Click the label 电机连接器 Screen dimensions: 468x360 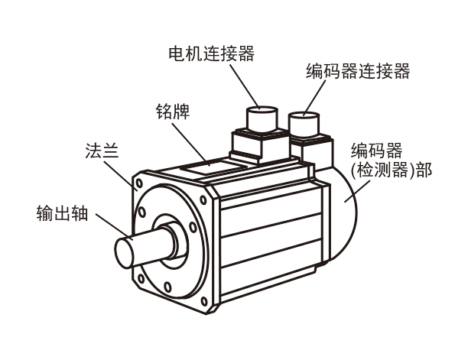(x=211, y=54)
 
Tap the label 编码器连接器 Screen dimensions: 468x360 (x=358, y=71)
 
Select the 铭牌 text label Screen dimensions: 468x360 (x=173, y=112)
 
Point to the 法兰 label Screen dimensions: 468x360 (x=102, y=151)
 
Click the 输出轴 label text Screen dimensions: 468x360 (x=62, y=213)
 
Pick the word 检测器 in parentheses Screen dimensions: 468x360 (x=382, y=170)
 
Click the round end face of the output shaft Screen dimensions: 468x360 (x=125, y=253)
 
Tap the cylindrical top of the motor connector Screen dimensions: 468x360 (x=262, y=117)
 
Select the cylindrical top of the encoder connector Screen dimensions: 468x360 (x=304, y=124)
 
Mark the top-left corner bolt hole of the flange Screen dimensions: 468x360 (x=139, y=183)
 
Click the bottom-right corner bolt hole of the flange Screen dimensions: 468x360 (x=204, y=301)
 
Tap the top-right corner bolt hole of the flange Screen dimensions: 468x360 (x=203, y=199)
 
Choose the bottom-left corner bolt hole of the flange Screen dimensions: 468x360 (x=141, y=279)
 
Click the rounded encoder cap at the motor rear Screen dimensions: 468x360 (x=343, y=213)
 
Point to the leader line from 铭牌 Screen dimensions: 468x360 (x=190, y=143)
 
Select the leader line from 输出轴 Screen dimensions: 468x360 (x=114, y=226)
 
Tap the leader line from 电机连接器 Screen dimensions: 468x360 (x=244, y=86)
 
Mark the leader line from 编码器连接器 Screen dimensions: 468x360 (x=314, y=97)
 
